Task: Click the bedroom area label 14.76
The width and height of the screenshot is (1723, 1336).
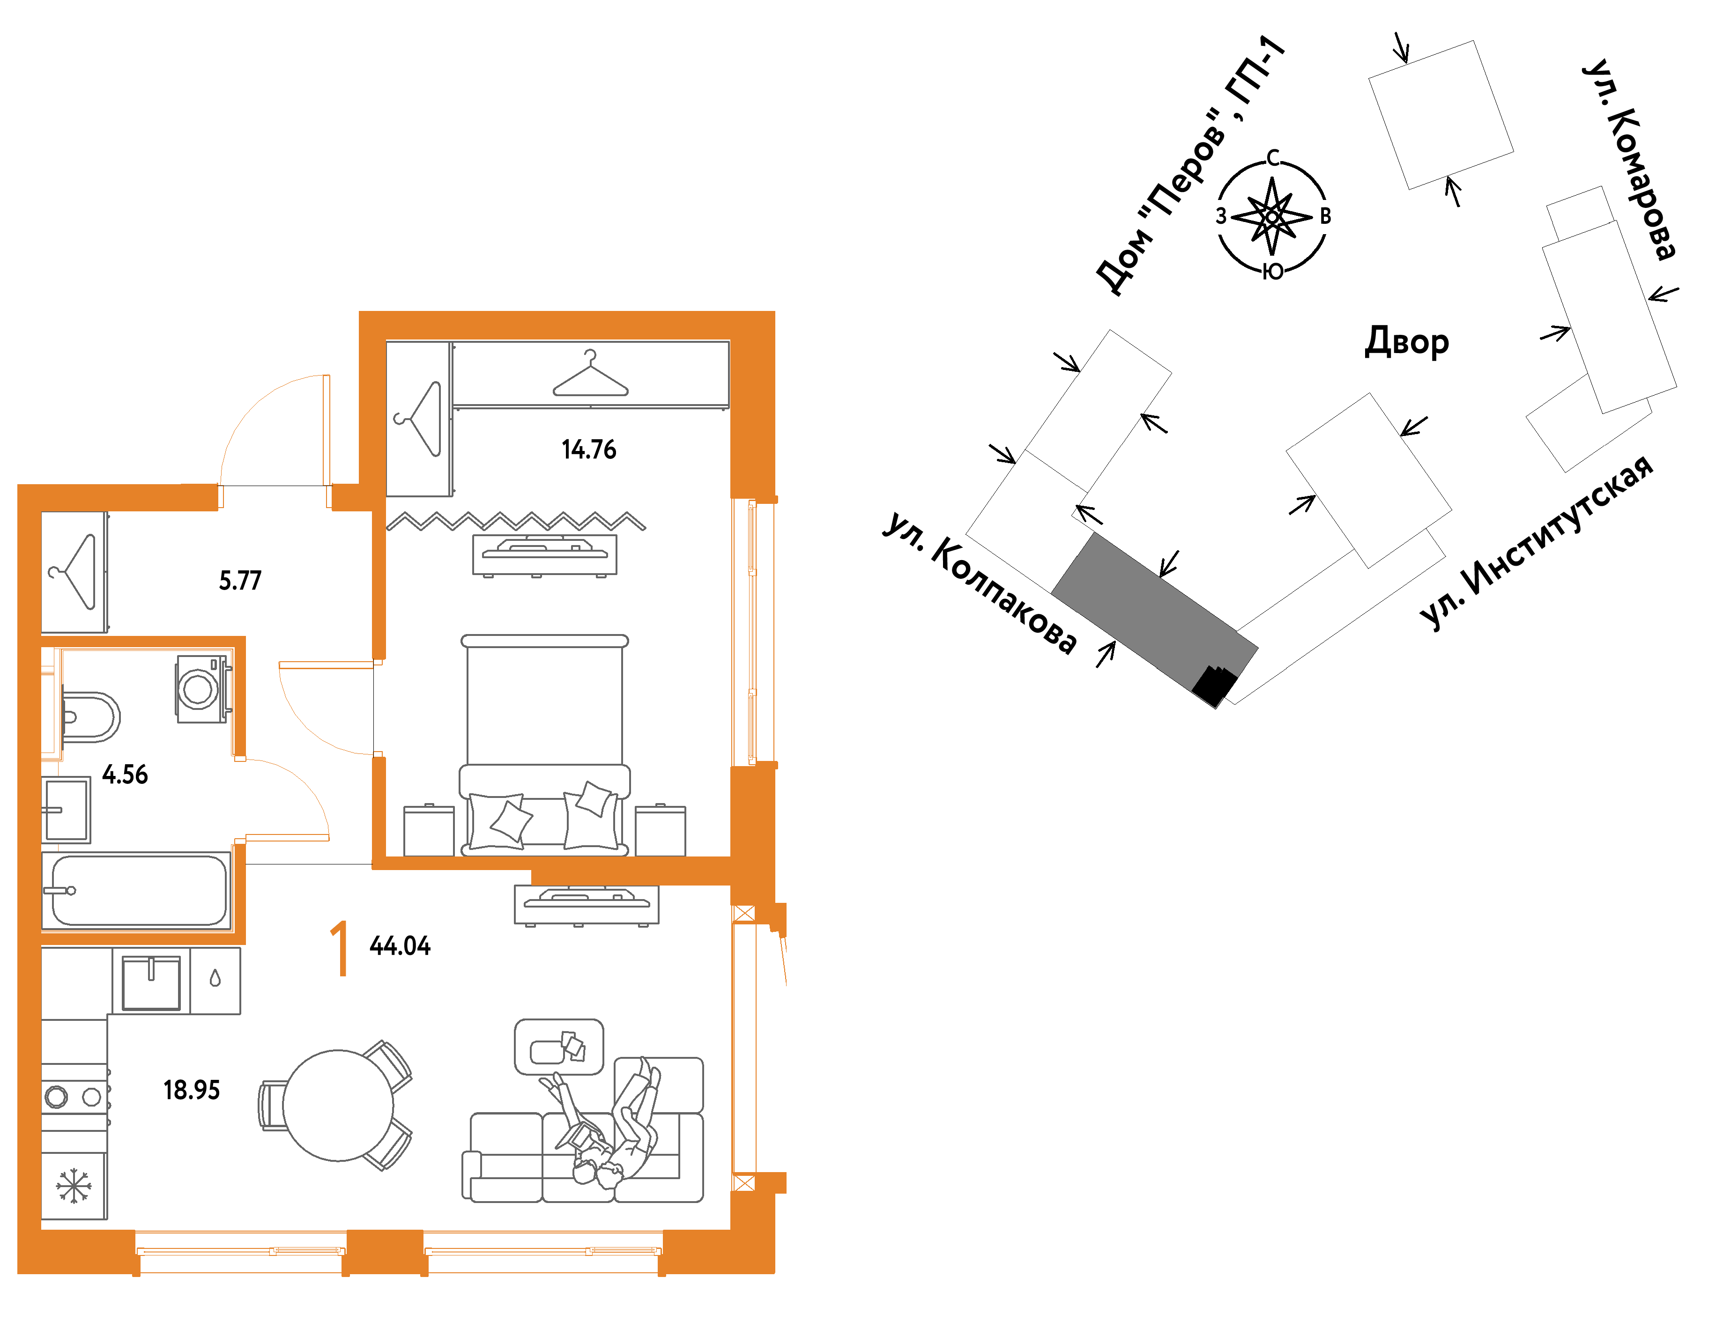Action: pos(588,450)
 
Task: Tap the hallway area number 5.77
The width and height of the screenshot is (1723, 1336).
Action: pos(240,581)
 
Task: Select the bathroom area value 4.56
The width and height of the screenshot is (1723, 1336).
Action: pos(125,775)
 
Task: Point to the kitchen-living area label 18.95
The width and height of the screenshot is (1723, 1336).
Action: pos(192,1090)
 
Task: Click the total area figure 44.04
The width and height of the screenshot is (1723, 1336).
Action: pos(400,945)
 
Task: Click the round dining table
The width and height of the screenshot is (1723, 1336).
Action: pos(338,1106)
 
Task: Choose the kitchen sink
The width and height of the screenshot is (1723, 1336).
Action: pos(151,982)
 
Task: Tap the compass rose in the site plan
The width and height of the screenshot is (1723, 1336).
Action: pos(1272,215)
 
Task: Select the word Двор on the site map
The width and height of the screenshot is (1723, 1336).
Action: pos(1407,341)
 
